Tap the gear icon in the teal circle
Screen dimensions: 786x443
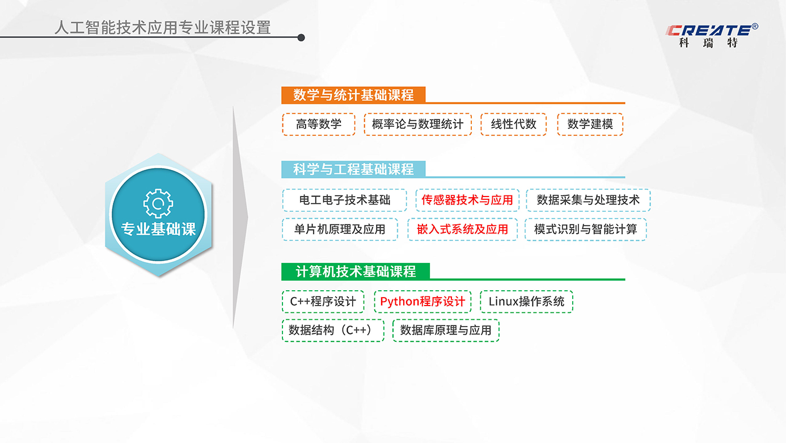158,203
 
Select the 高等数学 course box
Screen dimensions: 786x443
319,124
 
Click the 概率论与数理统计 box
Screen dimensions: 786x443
417,124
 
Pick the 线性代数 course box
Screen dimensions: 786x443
513,124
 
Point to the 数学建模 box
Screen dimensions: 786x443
590,124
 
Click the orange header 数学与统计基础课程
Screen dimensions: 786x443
353,95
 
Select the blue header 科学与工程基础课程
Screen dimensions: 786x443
353,169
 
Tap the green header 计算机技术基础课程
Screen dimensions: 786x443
356,271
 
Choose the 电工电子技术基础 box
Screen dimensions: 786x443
345,200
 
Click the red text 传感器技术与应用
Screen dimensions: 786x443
467,200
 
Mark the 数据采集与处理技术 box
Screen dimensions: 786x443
588,200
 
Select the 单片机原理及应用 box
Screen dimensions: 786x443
340,229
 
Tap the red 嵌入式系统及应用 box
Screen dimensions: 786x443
463,229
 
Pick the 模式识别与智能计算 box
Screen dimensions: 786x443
585,229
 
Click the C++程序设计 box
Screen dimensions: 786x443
323,302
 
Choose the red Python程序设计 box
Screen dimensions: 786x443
422,302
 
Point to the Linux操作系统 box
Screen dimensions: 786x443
526,302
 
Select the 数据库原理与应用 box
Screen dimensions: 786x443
446,330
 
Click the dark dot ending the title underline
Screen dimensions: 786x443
301,37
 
